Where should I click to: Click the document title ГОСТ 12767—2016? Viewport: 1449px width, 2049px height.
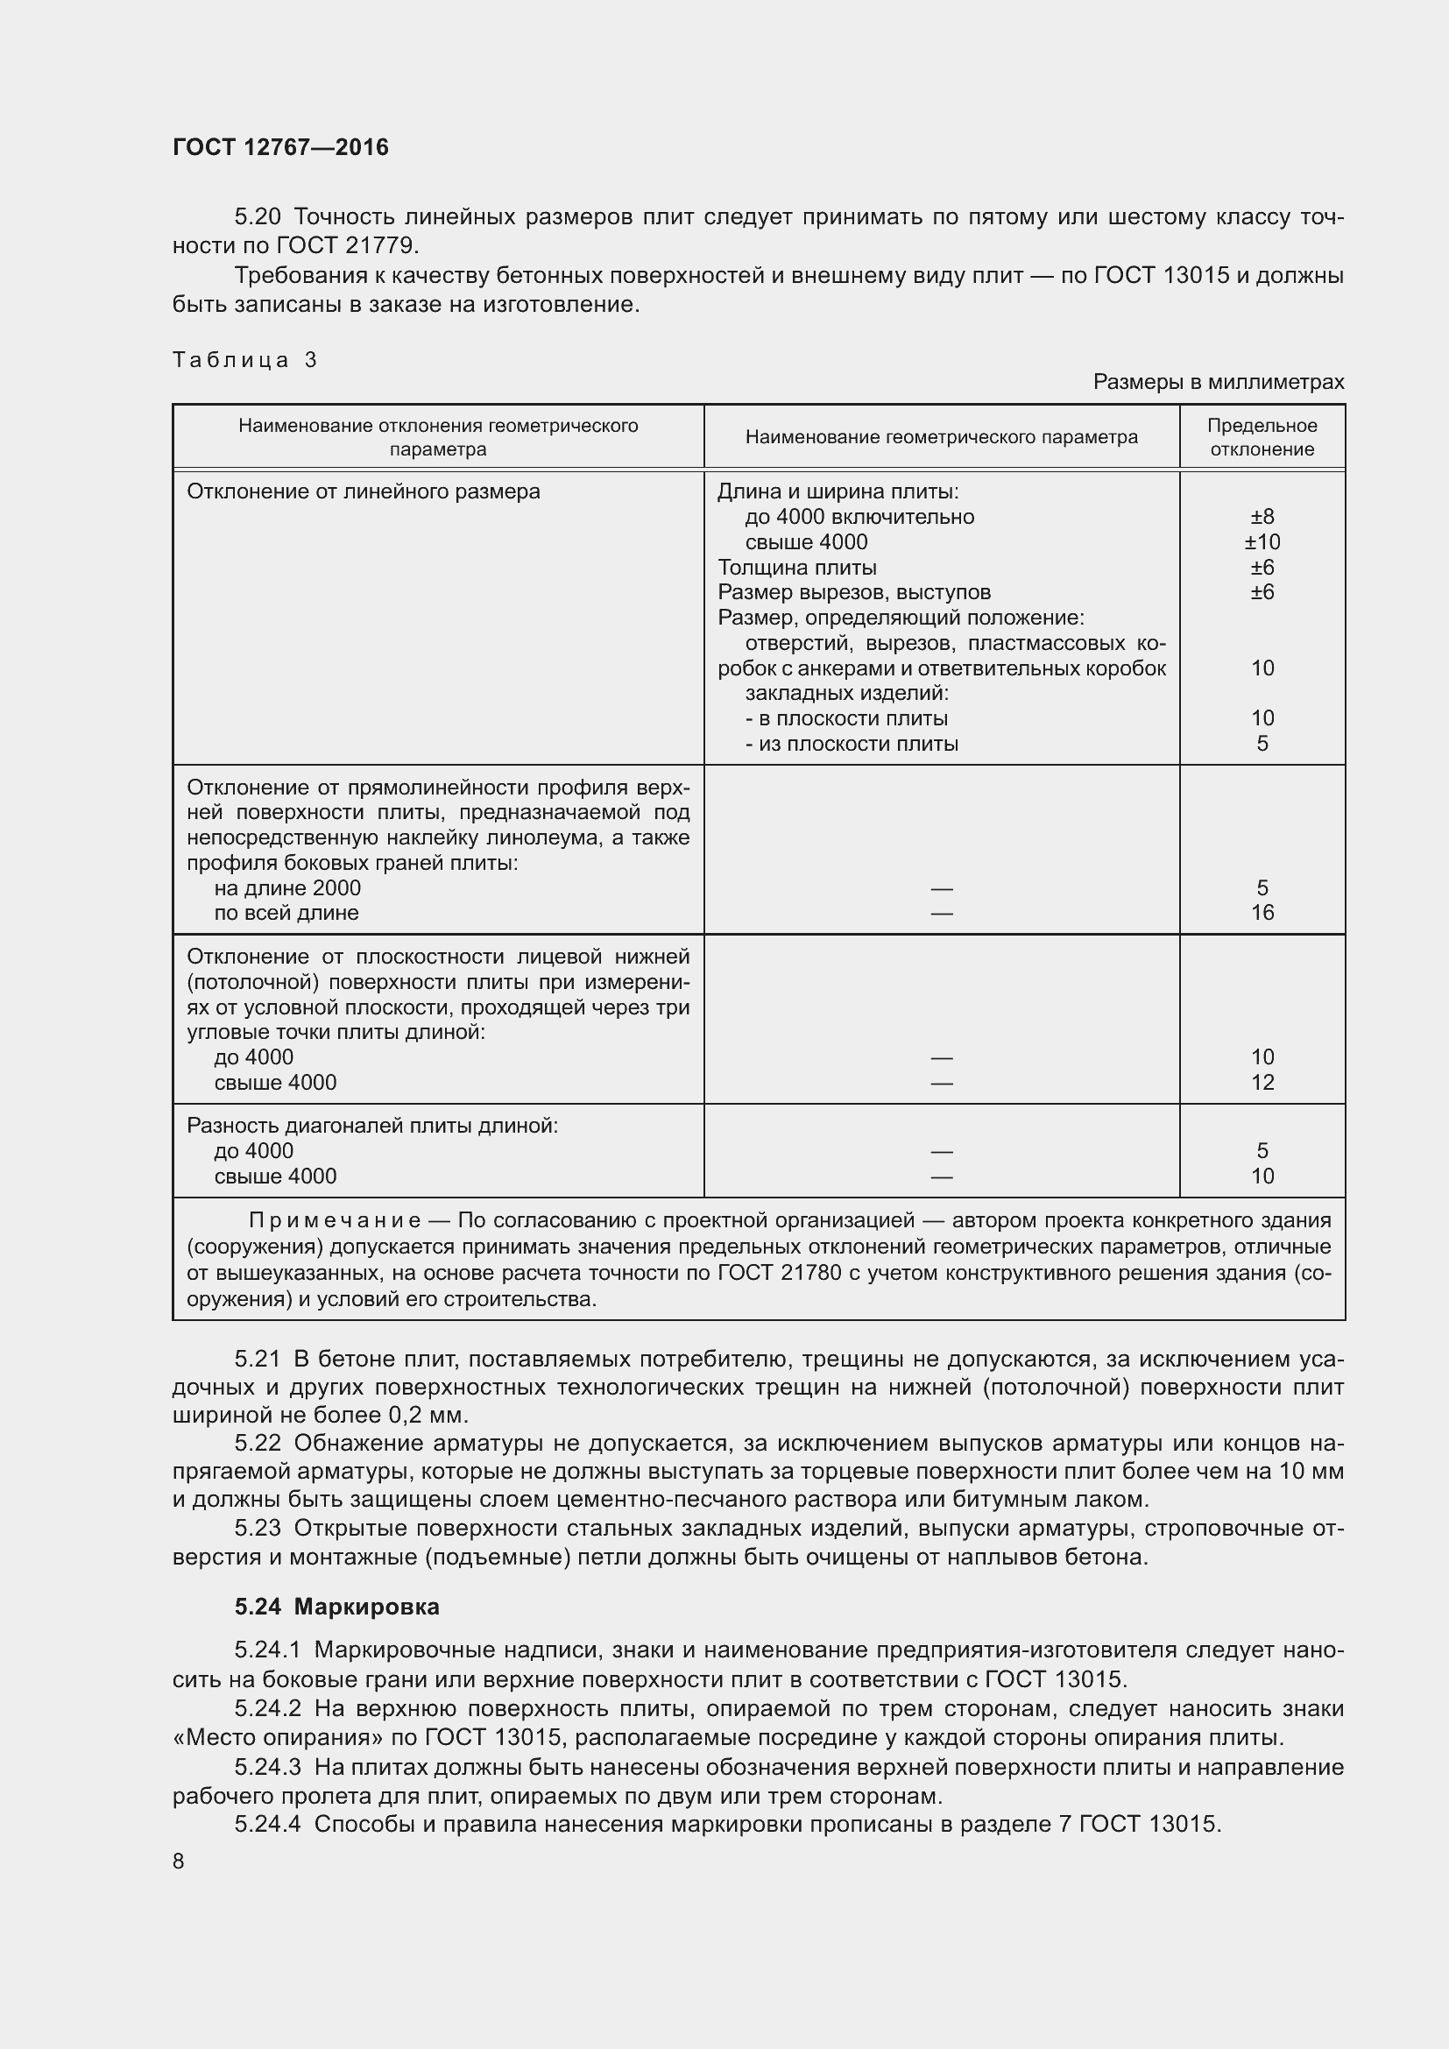coord(280,147)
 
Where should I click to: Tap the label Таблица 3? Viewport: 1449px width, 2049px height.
coord(244,360)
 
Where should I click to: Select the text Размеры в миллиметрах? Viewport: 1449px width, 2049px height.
coord(1218,382)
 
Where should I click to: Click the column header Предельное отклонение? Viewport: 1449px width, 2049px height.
coord(1262,437)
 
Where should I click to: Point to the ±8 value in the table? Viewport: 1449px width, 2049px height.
coord(1262,517)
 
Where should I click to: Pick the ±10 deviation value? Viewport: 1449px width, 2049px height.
coord(1262,541)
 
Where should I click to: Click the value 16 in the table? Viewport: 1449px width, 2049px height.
coord(1262,912)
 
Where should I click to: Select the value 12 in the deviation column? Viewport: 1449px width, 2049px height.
coord(1262,1083)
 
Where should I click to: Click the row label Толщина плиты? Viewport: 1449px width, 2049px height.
coord(796,568)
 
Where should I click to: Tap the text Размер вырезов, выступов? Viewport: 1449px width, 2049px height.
coord(854,592)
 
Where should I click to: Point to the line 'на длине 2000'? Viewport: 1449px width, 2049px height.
coord(287,888)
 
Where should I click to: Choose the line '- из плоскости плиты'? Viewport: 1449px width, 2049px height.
coord(852,744)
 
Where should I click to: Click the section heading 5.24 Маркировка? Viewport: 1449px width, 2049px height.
coord(336,1607)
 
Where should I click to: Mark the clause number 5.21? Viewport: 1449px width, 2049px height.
coord(257,1360)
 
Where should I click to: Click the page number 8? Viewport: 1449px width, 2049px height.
coord(179,1862)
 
